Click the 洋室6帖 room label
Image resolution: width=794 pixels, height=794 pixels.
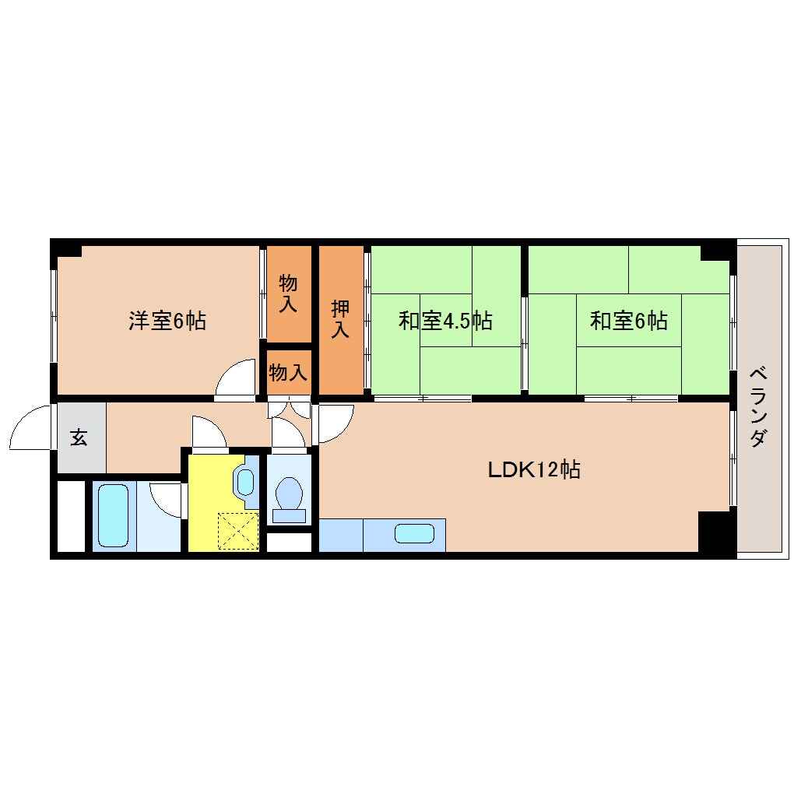167,321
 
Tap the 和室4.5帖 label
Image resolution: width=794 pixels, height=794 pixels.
444,321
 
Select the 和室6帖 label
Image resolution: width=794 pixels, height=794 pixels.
628,321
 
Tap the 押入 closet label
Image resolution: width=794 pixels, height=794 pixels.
340,318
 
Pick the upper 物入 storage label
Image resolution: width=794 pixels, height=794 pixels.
288,293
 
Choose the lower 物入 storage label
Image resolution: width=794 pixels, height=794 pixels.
288,373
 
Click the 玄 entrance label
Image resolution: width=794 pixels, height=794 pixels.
79,437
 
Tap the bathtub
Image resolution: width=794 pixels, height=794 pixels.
114,515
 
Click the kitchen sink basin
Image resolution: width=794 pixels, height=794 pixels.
414,534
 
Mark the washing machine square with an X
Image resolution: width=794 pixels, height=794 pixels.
238,531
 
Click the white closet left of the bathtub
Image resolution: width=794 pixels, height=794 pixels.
72,516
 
